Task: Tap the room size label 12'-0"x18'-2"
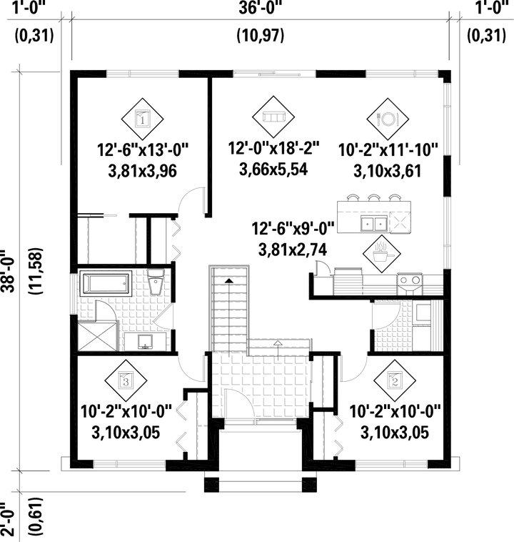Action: (x=274, y=149)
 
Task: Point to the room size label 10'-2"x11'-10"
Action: (x=388, y=152)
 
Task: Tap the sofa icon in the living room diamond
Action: (x=274, y=114)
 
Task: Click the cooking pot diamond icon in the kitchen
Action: (x=379, y=252)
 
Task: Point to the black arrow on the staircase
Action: (x=228, y=281)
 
